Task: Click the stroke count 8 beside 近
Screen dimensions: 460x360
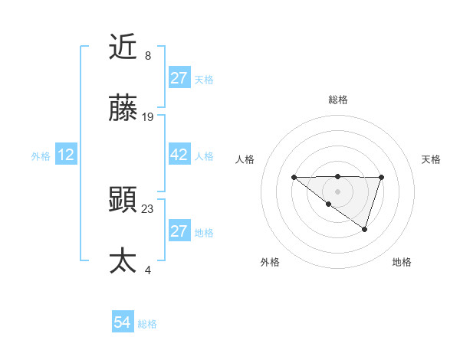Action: pyautogui.click(x=148, y=56)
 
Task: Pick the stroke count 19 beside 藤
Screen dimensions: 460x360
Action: pyautogui.click(x=148, y=116)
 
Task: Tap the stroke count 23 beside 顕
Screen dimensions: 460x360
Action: pyautogui.click(x=148, y=208)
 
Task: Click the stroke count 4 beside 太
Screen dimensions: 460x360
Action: pyautogui.click(x=148, y=270)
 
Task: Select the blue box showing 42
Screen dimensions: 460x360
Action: pyautogui.click(x=179, y=155)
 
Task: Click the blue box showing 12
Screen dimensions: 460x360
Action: pyautogui.click(x=66, y=155)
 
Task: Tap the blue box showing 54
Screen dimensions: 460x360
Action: pyautogui.click(x=123, y=323)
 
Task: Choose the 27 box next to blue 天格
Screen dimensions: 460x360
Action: pyautogui.click(x=179, y=78)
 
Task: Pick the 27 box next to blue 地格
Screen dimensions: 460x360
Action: pyautogui.click(x=179, y=231)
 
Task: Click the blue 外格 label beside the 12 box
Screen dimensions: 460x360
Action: pyautogui.click(x=41, y=155)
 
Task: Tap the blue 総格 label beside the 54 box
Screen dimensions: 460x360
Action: pyautogui.click(x=147, y=324)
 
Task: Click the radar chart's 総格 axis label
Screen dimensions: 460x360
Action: pyautogui.click(x=338, y=100)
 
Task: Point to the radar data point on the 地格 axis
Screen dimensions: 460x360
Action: pyautogui.click(x=365, y=229)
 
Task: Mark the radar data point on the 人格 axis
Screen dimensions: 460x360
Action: pyautogui.click(x=294, y=178)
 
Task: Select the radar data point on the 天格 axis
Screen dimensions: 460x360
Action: pyautogui.click(x=382, y=178)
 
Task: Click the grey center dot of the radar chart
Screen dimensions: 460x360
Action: pyautogui.click(x=338, y=191)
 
